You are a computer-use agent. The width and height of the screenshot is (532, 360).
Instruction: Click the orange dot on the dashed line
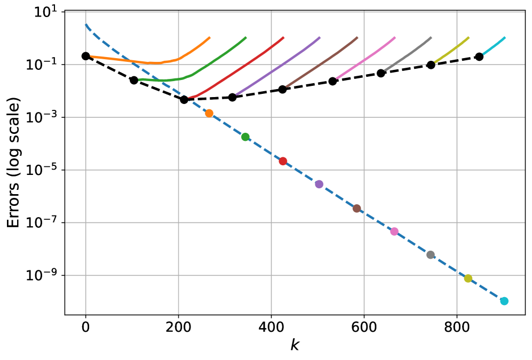(209, 113)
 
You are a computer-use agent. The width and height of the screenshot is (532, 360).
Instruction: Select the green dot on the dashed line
(245, 137)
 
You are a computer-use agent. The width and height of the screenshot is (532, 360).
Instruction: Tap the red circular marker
(283, 161)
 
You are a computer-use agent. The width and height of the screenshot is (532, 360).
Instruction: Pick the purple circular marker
(319, 184)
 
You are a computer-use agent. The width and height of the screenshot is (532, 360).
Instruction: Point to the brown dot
(356, 209)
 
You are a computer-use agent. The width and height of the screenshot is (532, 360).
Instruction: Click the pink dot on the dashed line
(394, 231)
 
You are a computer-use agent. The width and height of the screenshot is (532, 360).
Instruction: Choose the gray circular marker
(431, 255)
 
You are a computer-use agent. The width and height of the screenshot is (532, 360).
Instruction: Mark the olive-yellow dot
(468, 278)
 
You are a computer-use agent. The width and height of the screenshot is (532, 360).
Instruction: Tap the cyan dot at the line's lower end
(504, 301)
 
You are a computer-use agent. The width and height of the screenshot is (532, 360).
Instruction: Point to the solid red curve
(240, 68)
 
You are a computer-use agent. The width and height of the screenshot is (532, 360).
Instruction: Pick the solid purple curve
(277, 67)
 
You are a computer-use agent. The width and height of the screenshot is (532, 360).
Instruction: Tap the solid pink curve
(366, 58)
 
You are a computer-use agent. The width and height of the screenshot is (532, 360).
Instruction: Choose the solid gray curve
(408, 54)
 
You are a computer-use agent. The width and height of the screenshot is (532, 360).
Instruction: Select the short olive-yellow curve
(452, 50)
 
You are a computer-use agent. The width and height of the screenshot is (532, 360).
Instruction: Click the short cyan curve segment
(494, 46)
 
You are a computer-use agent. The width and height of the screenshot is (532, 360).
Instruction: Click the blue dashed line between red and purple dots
(301, 173)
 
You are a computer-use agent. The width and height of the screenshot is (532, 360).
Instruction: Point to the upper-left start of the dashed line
(86, 25)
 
